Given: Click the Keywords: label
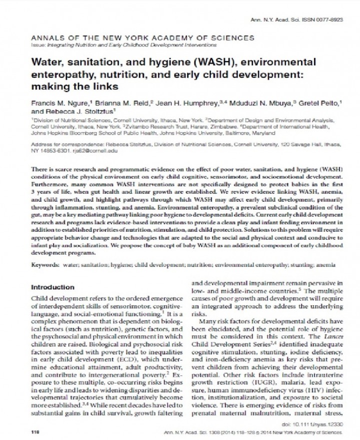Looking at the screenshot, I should click(45, 263).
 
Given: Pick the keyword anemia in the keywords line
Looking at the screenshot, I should click(325, 263).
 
